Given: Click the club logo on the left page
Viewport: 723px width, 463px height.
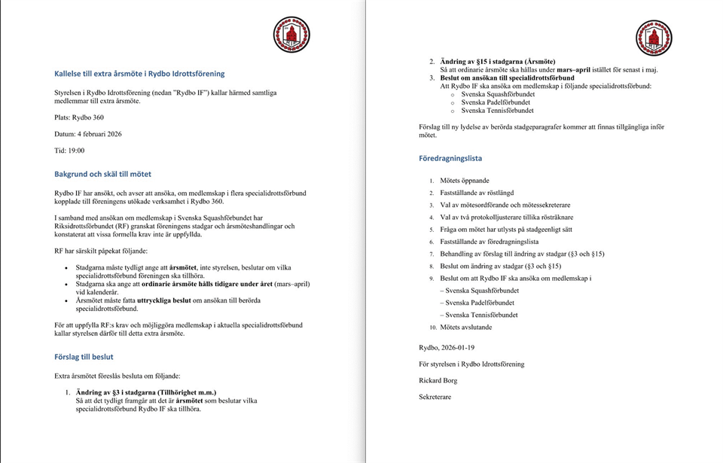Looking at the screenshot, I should (x=291, y=34).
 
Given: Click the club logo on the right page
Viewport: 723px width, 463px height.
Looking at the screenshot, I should (x=653, y=38).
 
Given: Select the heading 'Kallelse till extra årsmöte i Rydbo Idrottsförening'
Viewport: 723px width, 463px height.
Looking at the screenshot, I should (x=139, y=74).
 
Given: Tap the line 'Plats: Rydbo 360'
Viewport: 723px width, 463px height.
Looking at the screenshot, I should (x=79, y=117).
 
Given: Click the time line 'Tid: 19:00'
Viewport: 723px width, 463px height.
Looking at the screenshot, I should (x=69, y=151).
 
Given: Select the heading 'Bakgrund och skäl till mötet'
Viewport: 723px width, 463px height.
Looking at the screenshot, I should (x=102, y=174).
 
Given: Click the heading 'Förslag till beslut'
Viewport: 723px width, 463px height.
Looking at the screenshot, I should (x=84, y=357).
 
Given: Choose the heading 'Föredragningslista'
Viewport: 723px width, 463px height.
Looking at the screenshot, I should (x=450, y=159).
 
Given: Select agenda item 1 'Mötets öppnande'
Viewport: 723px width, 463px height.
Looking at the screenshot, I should (x=465, y=181).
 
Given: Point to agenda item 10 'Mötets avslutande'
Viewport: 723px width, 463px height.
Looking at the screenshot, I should (x=466, y=327).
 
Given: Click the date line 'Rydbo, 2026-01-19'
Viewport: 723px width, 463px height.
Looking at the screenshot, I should (x=447, y=347).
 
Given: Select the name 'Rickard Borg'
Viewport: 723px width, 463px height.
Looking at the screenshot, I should (x=438, y=380).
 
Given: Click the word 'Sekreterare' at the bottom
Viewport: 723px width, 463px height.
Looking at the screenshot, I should (x=435, y=397).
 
